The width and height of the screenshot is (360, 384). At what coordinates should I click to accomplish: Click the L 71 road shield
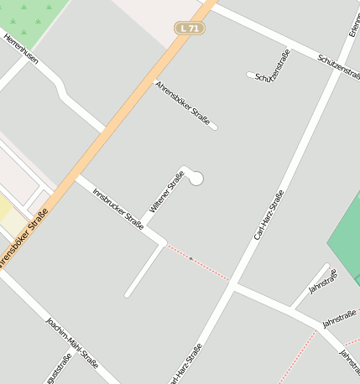tap(190, 29)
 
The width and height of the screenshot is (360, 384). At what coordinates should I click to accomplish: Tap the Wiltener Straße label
tap(166, 191)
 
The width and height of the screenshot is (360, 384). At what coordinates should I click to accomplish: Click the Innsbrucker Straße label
tap(117, 208)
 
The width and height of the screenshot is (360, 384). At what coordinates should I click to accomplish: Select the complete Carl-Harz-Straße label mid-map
tap(269, 215)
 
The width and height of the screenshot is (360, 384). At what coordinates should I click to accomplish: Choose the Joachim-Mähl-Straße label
tap(72, 344)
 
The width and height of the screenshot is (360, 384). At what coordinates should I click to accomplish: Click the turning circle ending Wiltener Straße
tap(196, 178)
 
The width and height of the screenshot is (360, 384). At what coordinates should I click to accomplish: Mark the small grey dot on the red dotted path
tap(191, 258)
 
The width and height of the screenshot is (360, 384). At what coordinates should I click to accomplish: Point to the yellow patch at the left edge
tap(4, 208)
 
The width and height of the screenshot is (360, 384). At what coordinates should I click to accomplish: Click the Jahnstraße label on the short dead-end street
tap(323, 281)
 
